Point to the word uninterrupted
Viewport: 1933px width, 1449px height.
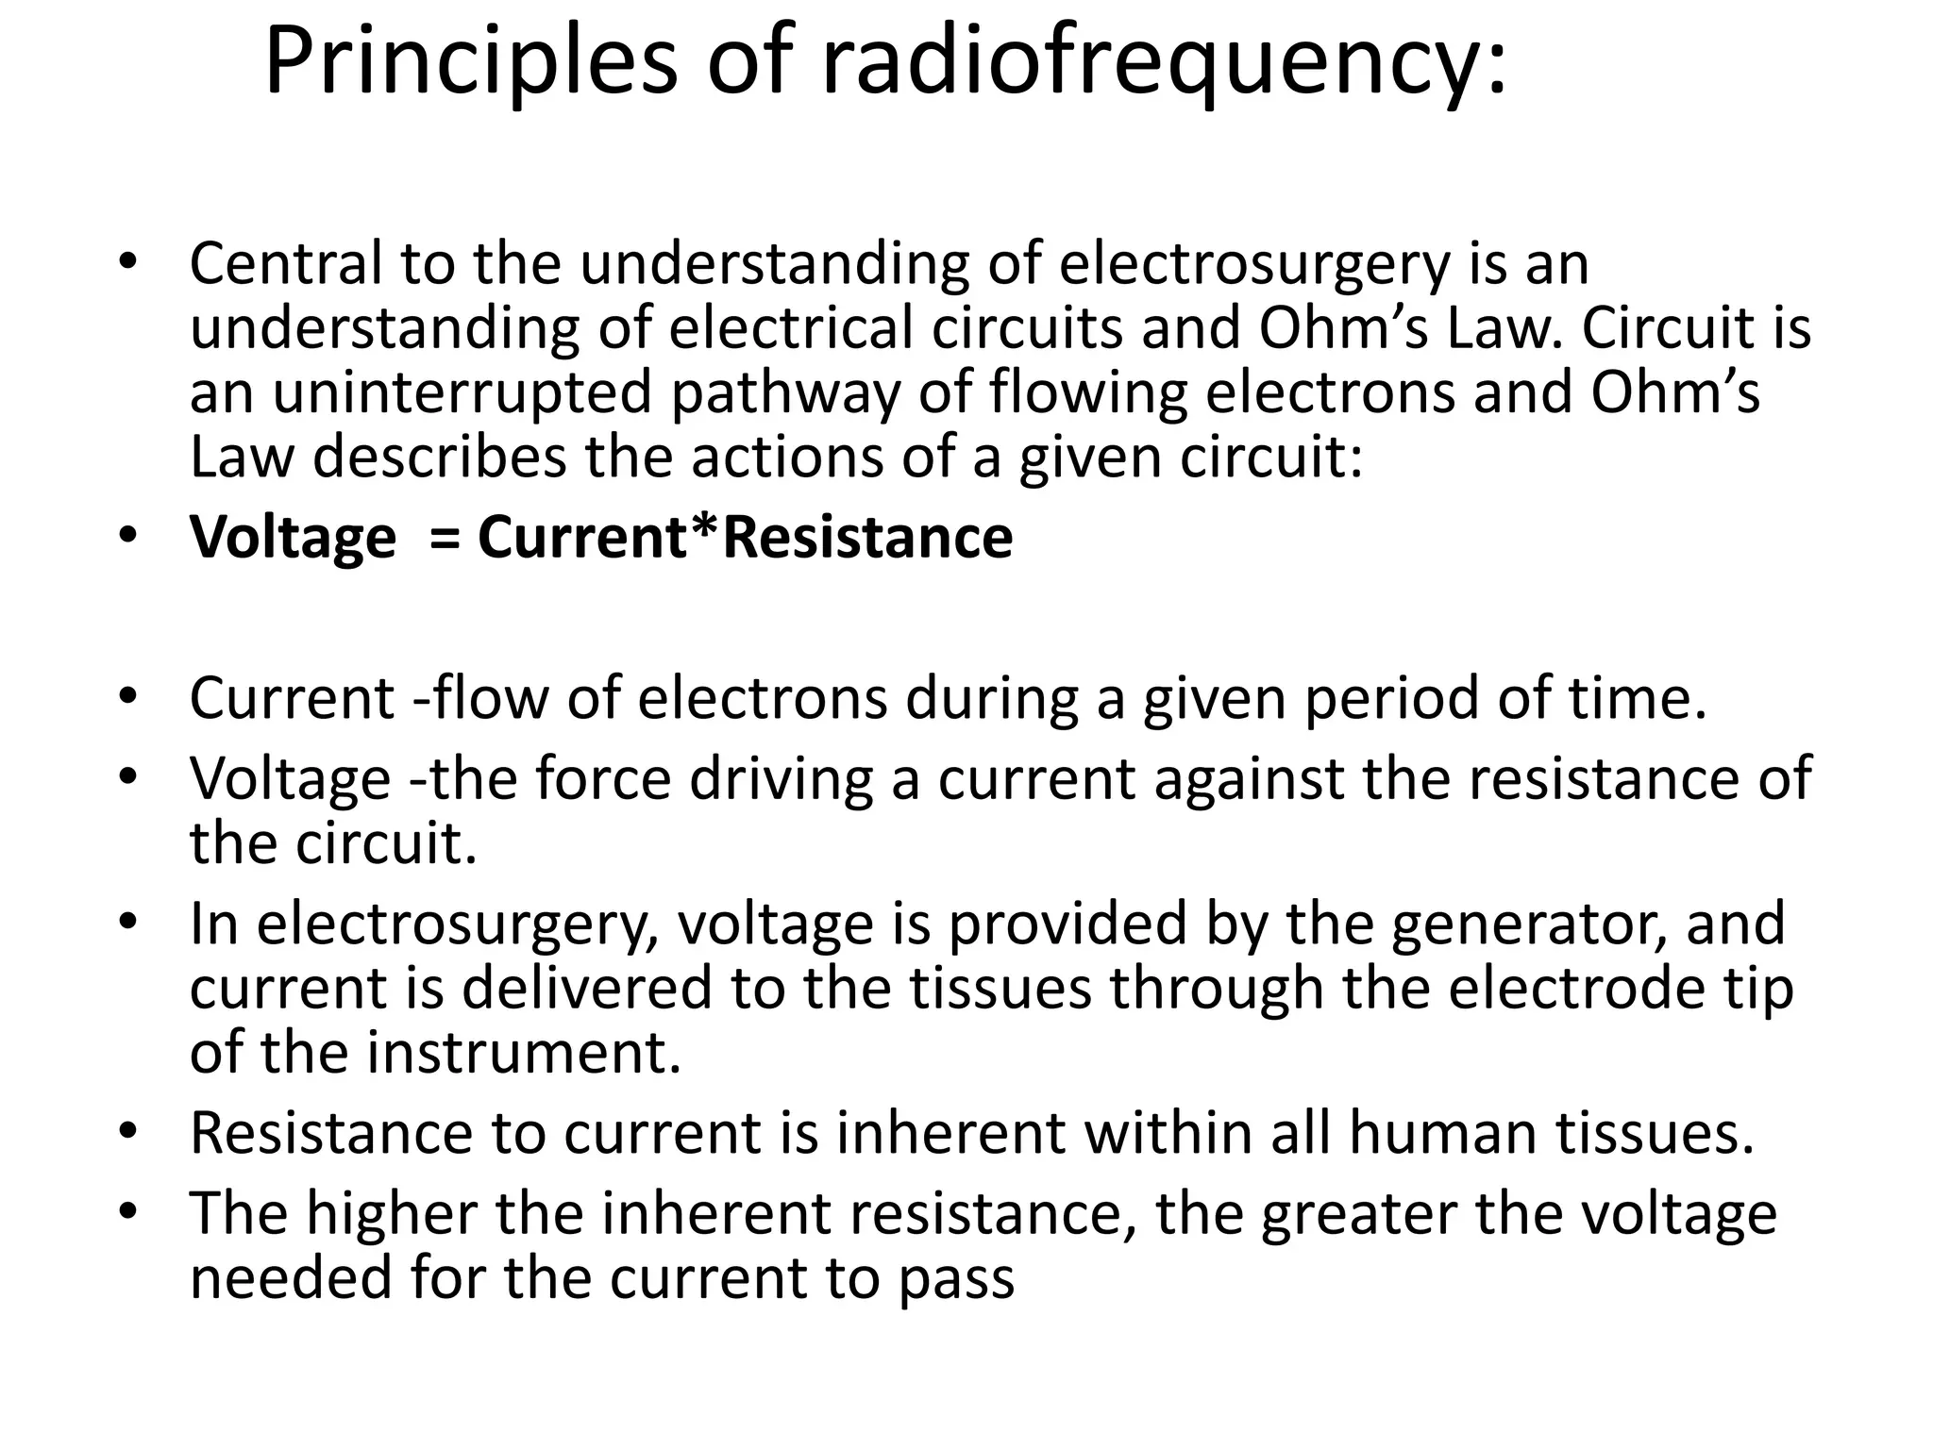[x=462, y=392]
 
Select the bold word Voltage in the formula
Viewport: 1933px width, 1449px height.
[x=293, y=539]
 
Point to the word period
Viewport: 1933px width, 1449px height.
[x=1371, y=699]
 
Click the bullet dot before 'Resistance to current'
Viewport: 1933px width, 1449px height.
[x=128, y=1129]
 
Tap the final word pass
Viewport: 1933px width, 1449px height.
[x=955, y=1279]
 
